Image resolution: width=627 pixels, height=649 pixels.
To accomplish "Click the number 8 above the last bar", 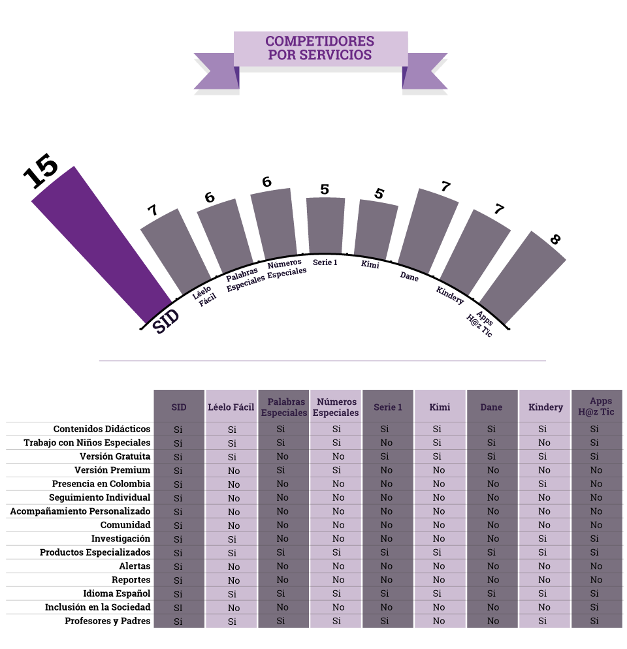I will (555, 240).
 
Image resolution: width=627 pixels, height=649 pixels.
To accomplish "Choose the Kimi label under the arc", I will (370, 265).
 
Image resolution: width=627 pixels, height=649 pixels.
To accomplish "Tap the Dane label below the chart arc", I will (410, 276).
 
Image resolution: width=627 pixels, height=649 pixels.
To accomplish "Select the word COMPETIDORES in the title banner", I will (320, 41).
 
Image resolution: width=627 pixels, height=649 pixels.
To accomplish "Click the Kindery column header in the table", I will (545, 407).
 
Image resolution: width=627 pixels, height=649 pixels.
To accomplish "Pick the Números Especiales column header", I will (336, 407).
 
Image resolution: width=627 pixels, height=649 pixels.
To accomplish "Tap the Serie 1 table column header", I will (388, 407).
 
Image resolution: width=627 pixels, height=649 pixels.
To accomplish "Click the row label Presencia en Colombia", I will (101, 484).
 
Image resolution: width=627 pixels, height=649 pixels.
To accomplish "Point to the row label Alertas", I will (135, 566).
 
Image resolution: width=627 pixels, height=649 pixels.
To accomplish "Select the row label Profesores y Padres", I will (108, 621).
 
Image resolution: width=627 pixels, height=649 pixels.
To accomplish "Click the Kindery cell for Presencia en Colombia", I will (544, 484).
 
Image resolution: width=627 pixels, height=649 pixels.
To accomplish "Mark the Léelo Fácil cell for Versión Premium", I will (234, 470).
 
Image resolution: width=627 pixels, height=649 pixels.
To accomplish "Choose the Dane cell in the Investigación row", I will (492, 539).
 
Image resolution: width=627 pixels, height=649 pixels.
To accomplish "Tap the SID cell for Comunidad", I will (178, 525).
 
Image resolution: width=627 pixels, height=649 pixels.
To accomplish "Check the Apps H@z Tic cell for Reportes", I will (596, 580).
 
